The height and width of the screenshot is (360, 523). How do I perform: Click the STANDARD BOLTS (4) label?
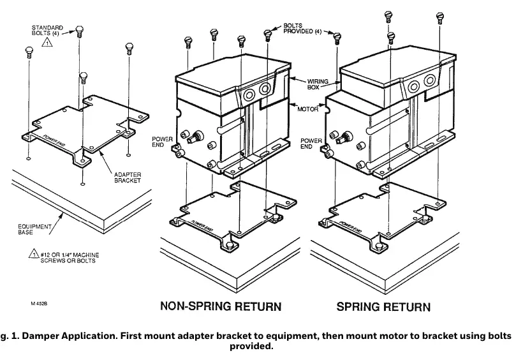tap(47, 31)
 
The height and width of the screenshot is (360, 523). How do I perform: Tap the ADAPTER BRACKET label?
tap(128, 177)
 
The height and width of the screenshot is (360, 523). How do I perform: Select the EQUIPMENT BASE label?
tap(34, 229)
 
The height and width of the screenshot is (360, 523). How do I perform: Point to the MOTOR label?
tap(308, 109)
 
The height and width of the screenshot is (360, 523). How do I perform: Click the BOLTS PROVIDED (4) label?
tap(302, 28)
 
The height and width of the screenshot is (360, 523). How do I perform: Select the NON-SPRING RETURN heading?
tap(221, 306)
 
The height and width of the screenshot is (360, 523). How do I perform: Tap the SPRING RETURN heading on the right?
tap(383, 306)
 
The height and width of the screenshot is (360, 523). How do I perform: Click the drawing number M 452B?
tap(39, 304)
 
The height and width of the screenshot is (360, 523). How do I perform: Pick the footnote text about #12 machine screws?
tap(70, 257)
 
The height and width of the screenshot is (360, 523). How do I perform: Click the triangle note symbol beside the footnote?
tap(34, 254)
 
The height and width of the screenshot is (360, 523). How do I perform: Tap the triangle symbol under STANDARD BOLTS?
tap(47, 42)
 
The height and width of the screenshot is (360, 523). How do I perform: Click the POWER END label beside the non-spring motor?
tap(162, 142)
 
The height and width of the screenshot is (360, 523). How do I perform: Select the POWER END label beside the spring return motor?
tap(311, 144)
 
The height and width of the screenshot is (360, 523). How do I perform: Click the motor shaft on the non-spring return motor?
tap(195, 137)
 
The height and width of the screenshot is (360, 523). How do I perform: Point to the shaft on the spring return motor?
tap(344, 138)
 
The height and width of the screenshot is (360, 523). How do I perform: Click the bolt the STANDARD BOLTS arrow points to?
tap(79, 32)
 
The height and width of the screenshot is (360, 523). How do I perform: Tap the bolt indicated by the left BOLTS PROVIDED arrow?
tap(267, 35)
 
